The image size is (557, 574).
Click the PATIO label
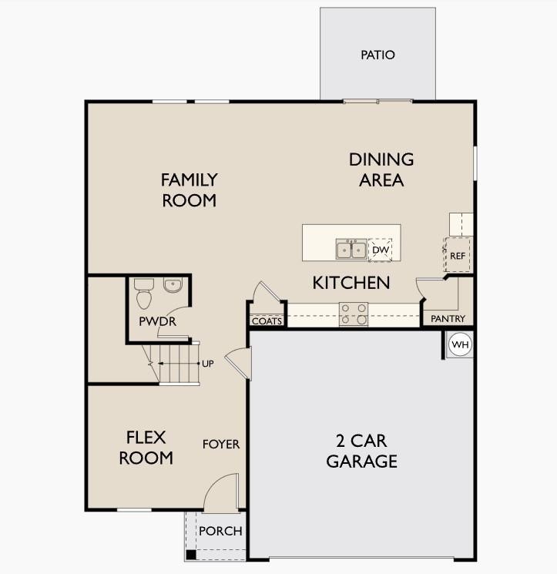tap(377, 55)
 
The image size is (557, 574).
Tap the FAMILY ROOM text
tap(189, 190)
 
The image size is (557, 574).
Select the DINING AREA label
tap(381, 170)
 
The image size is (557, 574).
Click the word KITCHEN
tap(351, 283)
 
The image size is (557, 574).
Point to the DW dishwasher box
tap(380, 250)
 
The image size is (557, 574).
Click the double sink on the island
tap(351, 250)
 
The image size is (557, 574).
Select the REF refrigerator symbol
tap(458, 255)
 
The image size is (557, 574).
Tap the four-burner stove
tap(354, 314)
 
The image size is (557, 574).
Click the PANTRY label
tap(448, 318)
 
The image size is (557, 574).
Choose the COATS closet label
tap(267, 321)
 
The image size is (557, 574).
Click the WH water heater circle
tap(460, 344)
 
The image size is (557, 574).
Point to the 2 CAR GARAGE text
tap(361, 451)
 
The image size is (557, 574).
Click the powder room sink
tap(174, 285)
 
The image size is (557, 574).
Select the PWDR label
tap(157, 321)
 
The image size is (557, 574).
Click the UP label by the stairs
tap(207, 363)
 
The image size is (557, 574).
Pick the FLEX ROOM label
tap(149, 448)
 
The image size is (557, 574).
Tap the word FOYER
tap(221, 445)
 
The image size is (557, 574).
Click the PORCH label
tap(220, 531)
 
